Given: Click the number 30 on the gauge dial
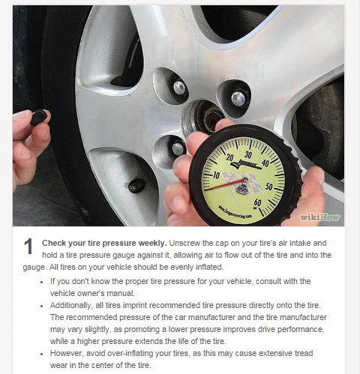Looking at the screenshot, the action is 248,154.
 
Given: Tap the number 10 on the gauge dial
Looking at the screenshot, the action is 216,175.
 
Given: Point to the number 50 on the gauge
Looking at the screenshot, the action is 269,187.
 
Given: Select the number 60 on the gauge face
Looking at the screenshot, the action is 257,202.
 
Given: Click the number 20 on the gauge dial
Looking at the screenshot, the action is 229,157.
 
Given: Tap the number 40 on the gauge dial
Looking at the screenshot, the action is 265,163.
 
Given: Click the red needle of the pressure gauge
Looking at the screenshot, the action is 224,184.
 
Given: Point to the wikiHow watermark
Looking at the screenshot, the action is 319,217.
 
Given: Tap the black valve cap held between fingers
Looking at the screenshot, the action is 39,117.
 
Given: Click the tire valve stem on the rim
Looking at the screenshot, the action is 136,186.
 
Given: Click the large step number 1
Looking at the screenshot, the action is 28,247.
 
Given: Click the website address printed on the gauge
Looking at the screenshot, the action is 235,212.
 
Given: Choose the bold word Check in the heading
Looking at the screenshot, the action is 54,243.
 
